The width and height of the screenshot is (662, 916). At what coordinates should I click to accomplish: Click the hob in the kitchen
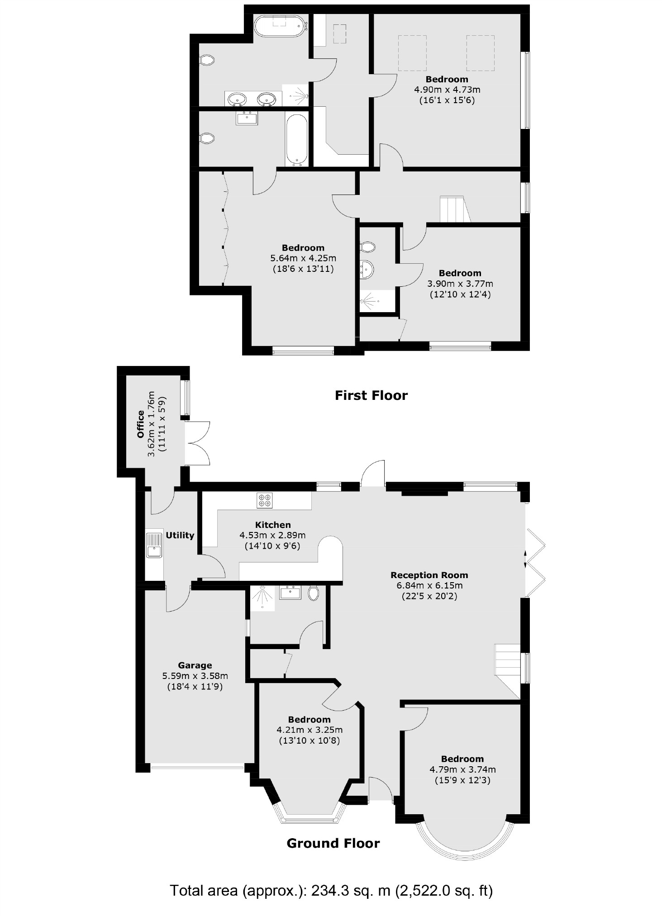pyautogui.click(x=264, y=500)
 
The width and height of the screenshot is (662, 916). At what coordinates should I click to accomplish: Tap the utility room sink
pyautogui.click(x=154, y=545)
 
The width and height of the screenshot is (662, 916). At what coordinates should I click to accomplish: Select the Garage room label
pyautogui.click(x=195, y=665)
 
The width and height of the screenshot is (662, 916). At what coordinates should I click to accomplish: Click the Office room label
pyautogui.click(x=141, y=424)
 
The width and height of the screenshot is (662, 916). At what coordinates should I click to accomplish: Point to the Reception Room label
pyautogui.click(x=429, y=575)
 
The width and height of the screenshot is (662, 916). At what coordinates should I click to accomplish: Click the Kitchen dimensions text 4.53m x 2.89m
pyautogui.click(x=272, y=535)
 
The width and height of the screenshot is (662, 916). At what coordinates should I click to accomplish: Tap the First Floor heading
pyautogui.click(x=371, y=395)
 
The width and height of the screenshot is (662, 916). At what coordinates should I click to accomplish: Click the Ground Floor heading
pyautogui.click(x=333, y=843)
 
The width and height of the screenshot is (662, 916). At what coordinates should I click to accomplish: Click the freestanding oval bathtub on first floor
pyautogui.click(x=281, y=26)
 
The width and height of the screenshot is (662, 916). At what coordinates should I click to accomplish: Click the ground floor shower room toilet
pyautogui.click(x=313, y=593)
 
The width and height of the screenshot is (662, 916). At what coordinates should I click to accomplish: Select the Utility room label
pyautogui.click(x=180, y=535)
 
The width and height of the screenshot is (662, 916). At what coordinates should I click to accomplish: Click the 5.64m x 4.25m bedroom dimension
pyautogui.click(x=303, y=258)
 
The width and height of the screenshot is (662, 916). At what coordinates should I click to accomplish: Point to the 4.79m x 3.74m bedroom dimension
pyautogui.click(x=462, y=769)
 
